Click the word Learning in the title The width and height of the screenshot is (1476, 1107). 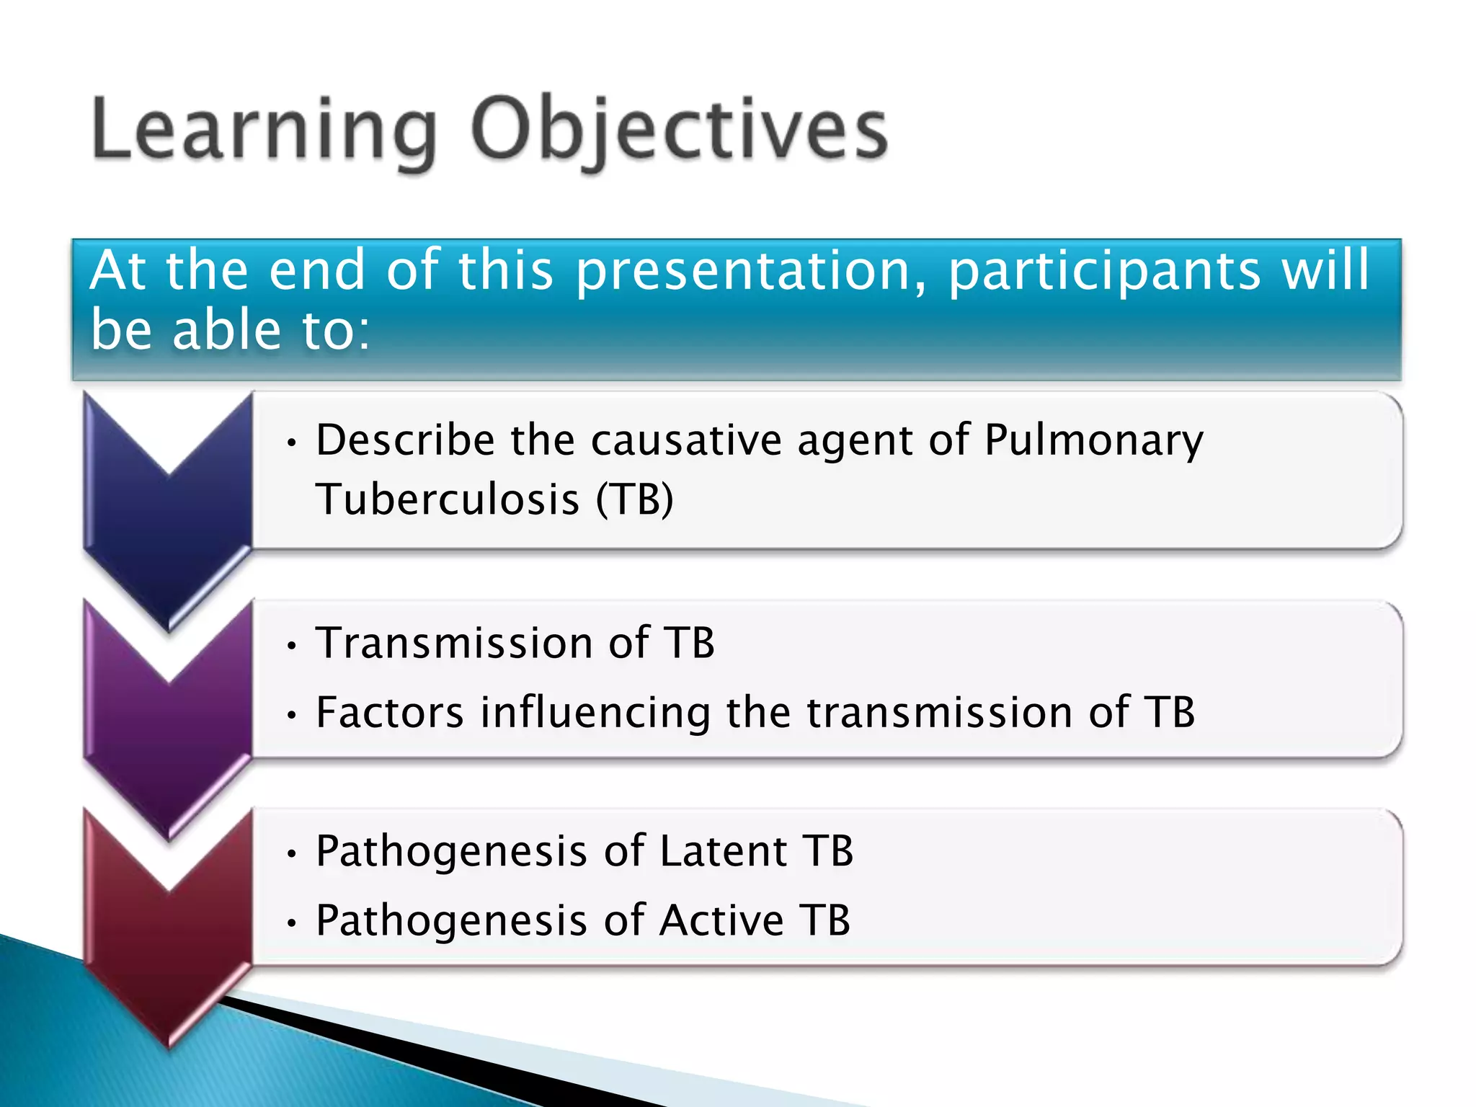(263, 130)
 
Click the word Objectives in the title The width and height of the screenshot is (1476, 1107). (679, 130)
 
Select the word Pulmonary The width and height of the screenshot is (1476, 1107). (1093, 441)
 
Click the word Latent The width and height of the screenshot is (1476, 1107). (722, 850)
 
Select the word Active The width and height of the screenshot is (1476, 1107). (721, 920)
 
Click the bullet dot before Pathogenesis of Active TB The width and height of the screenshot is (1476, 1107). (291, 922)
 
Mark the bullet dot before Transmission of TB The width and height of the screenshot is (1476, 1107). (291, 646)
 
